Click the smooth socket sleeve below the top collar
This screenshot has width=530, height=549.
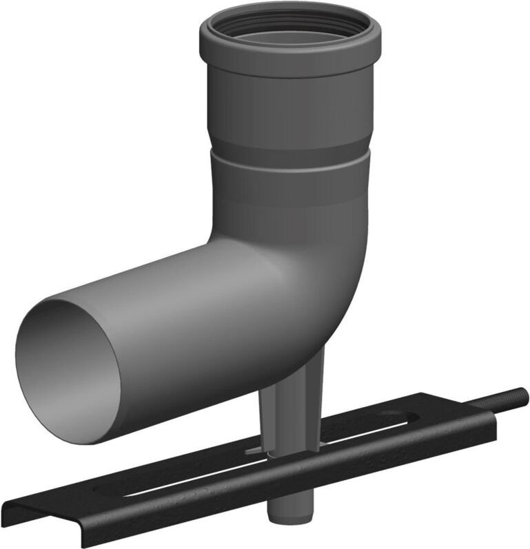289,103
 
